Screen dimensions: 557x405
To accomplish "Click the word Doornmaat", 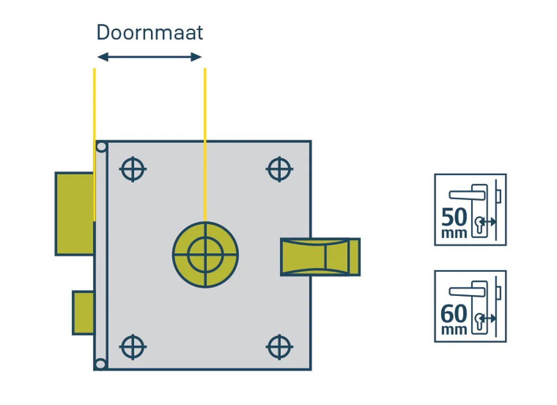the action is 149,32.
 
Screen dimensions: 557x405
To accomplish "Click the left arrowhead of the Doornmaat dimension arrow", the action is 103,57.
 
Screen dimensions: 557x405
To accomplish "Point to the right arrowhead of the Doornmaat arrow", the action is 196,57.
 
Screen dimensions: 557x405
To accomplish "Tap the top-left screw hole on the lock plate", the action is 133,169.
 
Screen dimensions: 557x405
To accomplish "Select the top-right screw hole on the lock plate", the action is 279,169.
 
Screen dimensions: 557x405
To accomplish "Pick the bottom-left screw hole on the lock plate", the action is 133,347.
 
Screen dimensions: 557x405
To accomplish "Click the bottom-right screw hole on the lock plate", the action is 279,347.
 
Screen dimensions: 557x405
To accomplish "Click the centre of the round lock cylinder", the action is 205,255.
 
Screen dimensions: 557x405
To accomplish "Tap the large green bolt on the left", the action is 75,214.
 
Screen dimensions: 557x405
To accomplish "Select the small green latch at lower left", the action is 83,313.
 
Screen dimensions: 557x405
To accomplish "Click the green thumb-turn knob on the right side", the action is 320,257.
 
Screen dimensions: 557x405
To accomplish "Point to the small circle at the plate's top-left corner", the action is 101,147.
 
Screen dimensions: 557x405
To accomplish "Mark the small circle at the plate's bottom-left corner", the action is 100,364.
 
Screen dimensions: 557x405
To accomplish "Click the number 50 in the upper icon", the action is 454,217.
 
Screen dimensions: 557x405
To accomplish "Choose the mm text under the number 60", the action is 454,330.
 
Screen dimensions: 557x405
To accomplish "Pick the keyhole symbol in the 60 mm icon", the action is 479,322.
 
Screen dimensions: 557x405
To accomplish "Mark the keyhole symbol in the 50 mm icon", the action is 479,225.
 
